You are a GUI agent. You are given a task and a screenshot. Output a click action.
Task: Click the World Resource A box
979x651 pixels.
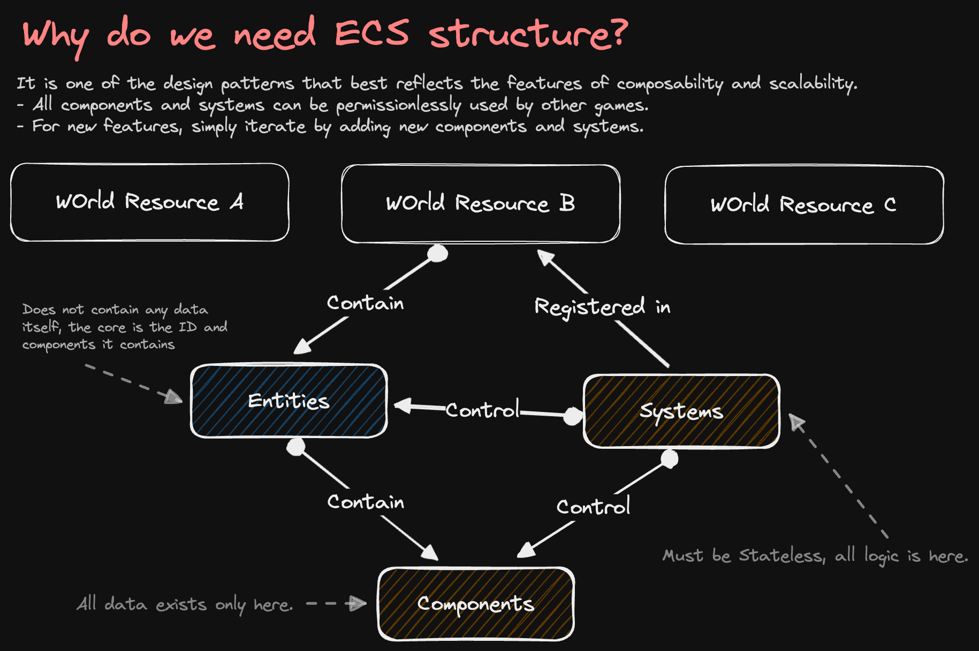(150, 202)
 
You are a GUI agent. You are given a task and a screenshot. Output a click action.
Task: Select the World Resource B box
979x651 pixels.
(481, 204)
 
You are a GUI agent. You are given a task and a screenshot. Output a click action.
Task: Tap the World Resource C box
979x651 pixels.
(804, 205)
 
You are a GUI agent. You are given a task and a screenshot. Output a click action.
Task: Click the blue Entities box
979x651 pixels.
(289, 401)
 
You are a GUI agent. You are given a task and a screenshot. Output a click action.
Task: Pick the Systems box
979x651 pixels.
(681, 411)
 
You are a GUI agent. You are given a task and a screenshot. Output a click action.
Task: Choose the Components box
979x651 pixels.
(476, 603)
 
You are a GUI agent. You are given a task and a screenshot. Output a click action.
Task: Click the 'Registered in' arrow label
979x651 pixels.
(602, 307)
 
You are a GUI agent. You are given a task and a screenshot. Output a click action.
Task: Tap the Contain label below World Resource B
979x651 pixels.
(366, 303)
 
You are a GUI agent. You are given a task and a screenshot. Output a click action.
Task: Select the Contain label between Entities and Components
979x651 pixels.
(366, 502)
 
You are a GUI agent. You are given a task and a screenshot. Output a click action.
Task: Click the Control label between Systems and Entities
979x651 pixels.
(482, 409)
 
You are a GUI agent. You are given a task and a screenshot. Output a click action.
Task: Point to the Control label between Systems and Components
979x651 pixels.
(593, 506)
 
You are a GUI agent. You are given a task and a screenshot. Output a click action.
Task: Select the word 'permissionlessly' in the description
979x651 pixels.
(398, 105)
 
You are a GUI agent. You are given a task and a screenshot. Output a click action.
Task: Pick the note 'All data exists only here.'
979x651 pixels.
(185, 604)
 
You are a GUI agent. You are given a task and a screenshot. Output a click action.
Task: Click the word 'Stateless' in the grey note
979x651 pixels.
(781, 555)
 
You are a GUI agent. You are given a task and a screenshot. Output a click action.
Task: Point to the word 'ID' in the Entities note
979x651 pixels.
(187, 327)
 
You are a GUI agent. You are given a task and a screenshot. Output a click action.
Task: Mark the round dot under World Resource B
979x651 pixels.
(438, 253)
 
